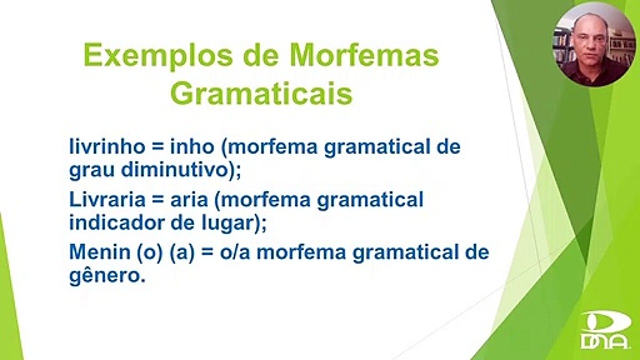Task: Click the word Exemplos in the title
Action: pyautogui.click(x=158, y=56)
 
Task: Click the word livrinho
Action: pyautogui.click(x=107, y=147)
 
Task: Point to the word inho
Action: pyautogui.click(x=192, y=147)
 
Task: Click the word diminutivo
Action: pyautogui.click(x=175, y=170)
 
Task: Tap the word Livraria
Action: pyautogui.click(x=107, y=199)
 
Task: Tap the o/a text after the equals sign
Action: pyautogui.click(x=235, y=252)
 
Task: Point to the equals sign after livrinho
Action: pyautogui.click(x=158, y=147)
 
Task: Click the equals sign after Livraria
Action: pyautogui.click(x=158, y=200)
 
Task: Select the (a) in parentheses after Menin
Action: pyautogui.click(x=182, y=253)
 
